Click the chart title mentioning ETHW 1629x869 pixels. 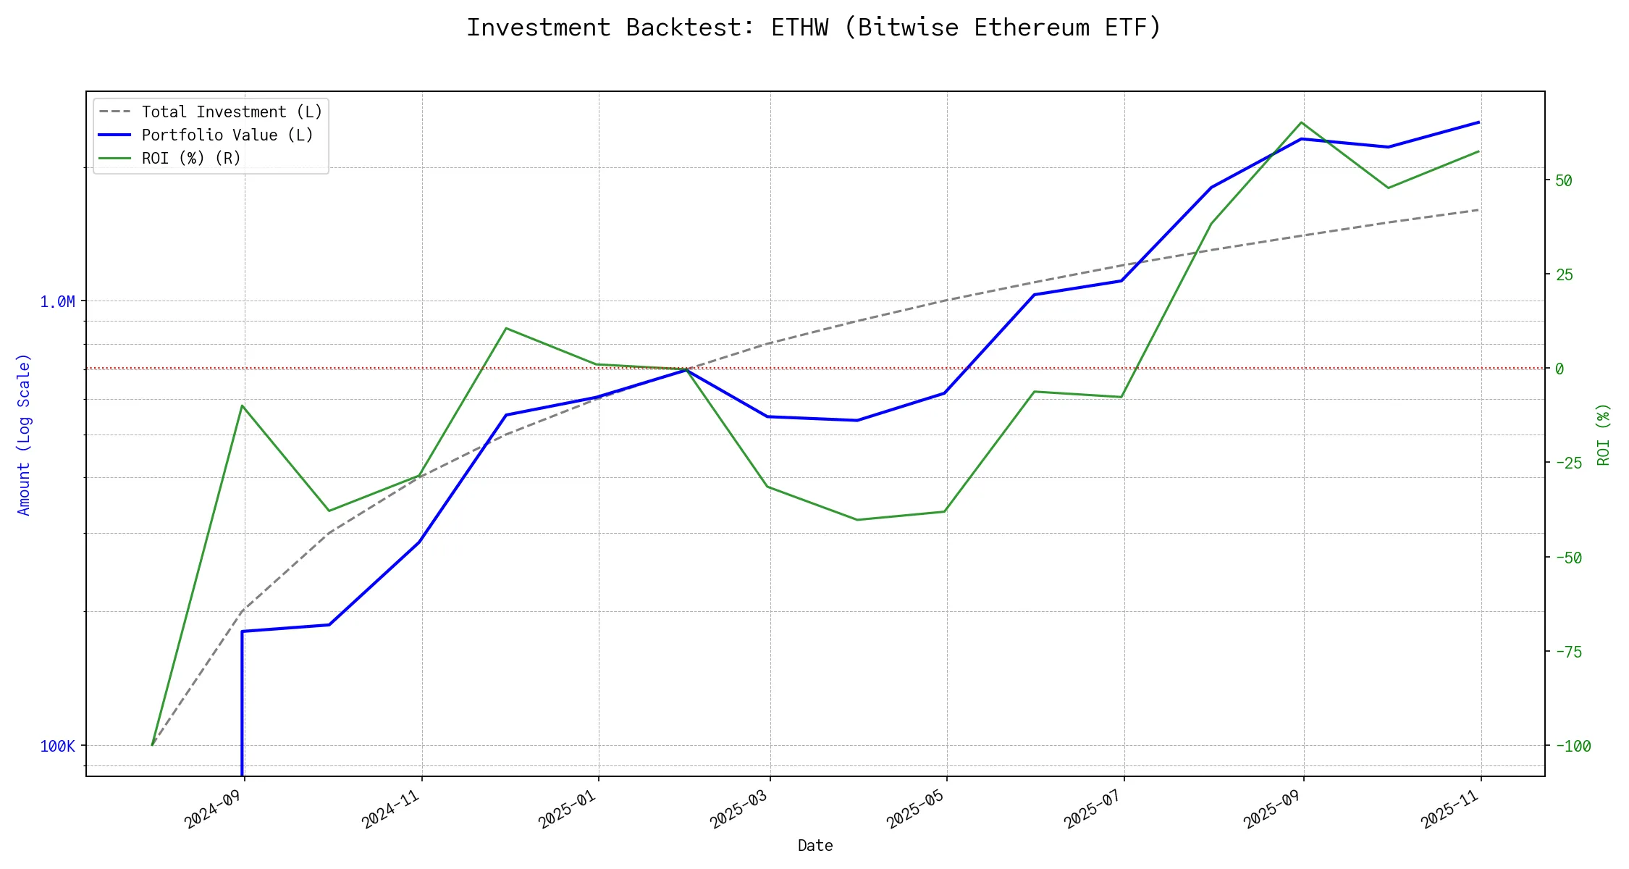tap(814, 28)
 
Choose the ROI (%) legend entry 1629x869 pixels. tap(191, 159)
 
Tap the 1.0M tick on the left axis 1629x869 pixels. tap(57, 302)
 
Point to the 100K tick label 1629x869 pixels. tap(57, 747)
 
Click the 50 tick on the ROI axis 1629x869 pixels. tap(1564, 181)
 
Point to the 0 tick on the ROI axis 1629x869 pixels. tap(1559, 369)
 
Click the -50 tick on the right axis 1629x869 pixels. tap(1568, 558)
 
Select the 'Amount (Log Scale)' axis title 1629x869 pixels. tap(24, 434)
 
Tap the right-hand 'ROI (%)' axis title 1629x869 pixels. tap(1604, 434)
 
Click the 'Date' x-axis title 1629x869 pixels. tap(815, 846)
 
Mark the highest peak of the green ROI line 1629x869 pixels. tap(1302, 122)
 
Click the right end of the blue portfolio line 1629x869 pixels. tap(1479, 122)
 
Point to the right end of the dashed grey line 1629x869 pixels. tap(1479, 210)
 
